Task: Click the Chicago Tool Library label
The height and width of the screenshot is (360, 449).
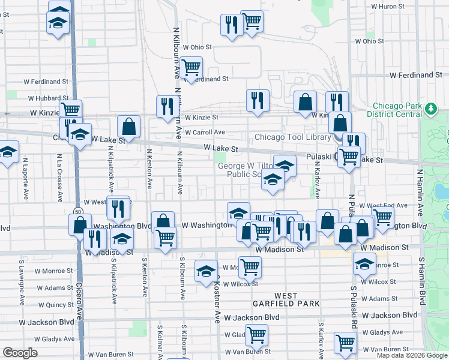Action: pos(292,137)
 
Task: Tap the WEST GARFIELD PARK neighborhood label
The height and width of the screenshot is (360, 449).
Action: pos(295,299)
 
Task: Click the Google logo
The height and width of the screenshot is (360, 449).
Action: pos(20,353)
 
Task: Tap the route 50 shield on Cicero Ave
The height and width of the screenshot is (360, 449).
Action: pos(79,211)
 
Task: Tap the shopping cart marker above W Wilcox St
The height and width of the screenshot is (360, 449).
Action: pos(250,266)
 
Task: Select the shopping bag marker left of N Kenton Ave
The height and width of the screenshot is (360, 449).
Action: pos(129,126)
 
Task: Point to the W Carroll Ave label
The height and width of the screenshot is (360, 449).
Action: pos(205,133)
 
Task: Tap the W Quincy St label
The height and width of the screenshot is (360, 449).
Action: pos(55,305)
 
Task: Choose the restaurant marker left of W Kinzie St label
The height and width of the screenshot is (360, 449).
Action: pos(166,106)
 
